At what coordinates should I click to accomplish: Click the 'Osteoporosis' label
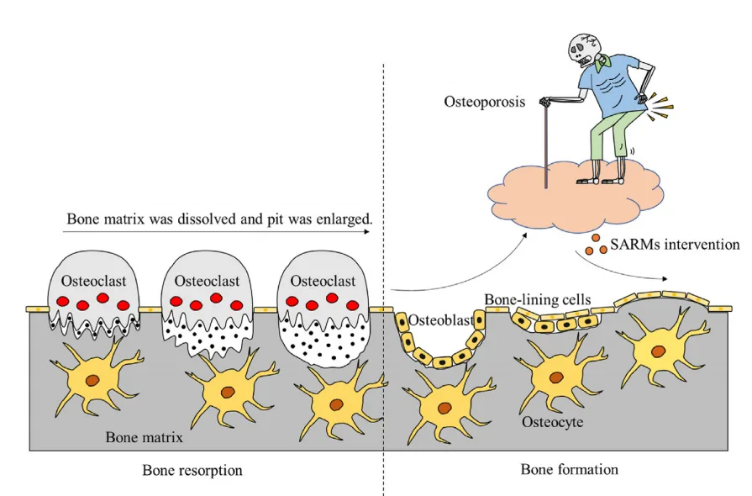pyautogui.click(x=485, y=102)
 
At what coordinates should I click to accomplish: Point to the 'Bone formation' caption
pyautogui.click(x=569, y=468)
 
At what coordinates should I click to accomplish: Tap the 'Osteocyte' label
pyautogui.click(x=550, y=420)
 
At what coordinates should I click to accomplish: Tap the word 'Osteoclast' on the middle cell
pyautogui.click(x=205, y=281)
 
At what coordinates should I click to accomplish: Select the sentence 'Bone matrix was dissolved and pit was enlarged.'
pyautogui.click(x=219, y=220)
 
